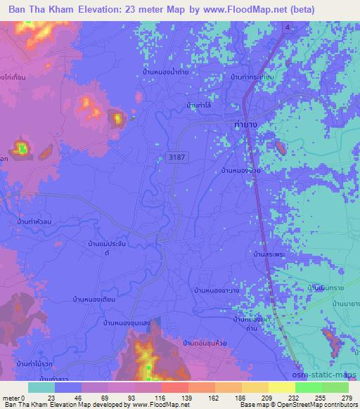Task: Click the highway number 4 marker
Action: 287,27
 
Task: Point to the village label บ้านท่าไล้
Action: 200,105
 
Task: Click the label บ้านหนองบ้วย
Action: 242,170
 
